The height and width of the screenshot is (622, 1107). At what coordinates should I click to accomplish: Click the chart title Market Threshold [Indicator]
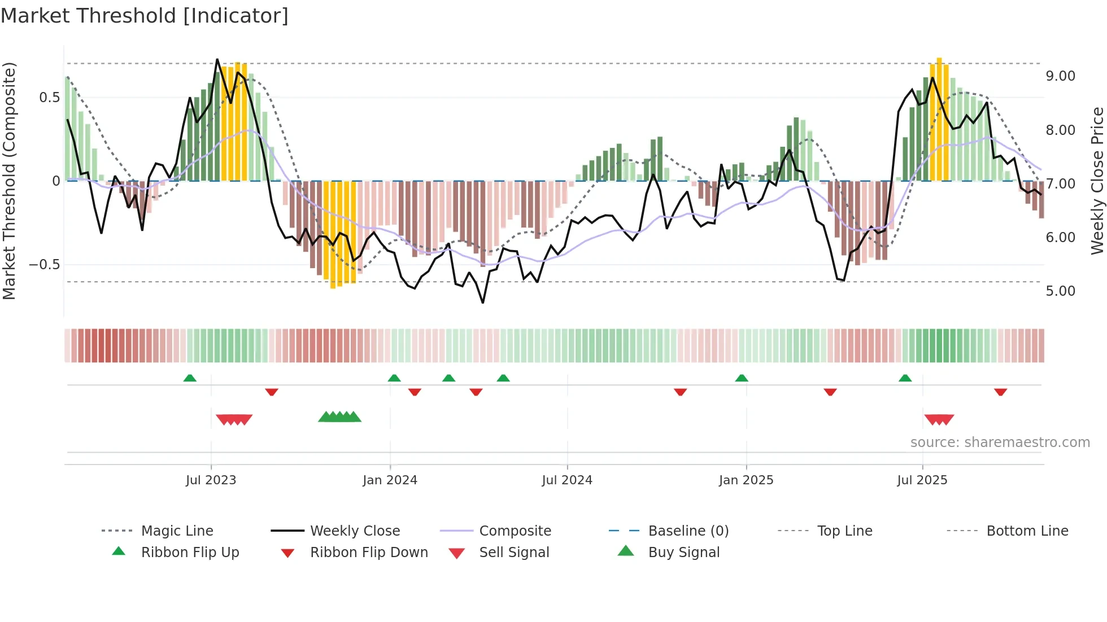tap(145, 16)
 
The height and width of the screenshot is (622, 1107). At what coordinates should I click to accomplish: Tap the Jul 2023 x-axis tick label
tap(211, 480)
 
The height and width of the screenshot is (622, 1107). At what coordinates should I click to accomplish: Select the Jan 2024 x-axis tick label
tap(390, 480)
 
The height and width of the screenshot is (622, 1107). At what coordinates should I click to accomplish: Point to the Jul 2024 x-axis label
tap(567, 480)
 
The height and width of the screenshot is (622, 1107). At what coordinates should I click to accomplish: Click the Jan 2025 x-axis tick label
tap(746, 480)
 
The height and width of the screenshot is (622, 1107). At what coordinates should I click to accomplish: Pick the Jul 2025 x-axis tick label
tap(922, 480)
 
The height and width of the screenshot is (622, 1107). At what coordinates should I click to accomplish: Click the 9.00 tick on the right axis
tap(1060, 76)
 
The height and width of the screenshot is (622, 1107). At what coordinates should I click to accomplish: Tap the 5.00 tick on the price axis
tap(1060, 291)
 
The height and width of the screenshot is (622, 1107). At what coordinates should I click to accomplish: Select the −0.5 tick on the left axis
tap(45, 265)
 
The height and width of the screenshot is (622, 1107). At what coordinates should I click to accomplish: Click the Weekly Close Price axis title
tap(1097, 181)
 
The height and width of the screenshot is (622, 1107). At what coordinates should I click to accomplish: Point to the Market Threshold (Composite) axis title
tap(9, 181)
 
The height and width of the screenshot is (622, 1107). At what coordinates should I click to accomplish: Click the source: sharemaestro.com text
tap(1000, 443)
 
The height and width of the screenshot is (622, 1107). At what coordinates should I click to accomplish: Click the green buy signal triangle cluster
tap(339, 417)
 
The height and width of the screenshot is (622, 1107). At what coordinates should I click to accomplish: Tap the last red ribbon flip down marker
tap(1000, 392)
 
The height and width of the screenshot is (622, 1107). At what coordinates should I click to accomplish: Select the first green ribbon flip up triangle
tap(190, 378)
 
